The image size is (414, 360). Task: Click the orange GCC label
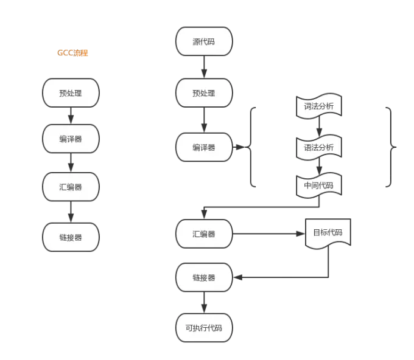(72, 54)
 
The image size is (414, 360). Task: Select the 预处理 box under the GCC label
(71, 94)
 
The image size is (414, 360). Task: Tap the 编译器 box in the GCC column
(71, 139)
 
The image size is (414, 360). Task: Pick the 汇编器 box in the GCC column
(71, 187)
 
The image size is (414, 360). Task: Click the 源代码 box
(204, 42)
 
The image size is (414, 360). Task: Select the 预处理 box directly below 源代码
(204, 94)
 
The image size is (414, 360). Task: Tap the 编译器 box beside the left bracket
(204, 147)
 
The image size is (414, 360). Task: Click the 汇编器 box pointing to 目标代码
(204, 234)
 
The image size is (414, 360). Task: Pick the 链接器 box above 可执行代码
(204, 277)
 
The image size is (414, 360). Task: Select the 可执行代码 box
(204, 328)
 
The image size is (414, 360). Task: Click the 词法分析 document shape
(319, 106)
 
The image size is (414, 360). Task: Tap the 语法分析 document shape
(319, 147)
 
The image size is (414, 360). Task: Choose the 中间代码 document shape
(319, 185)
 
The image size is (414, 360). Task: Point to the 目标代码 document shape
(328, 233)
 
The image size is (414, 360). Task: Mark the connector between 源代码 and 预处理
(204, 68)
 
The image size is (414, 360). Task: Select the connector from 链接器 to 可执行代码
(204, 303)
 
